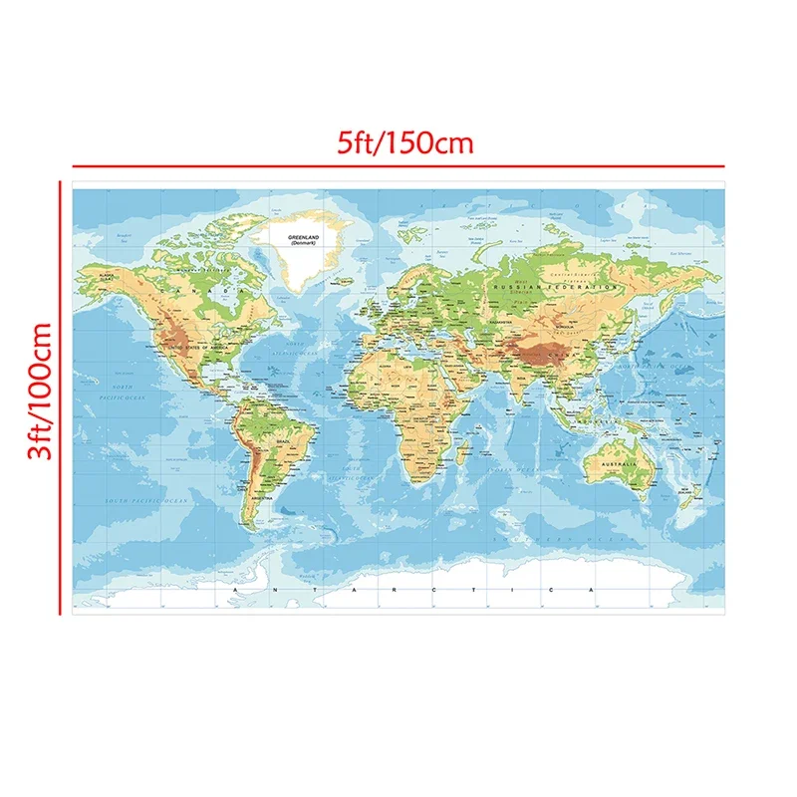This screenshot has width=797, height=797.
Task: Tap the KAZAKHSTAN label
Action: pyautogui.click(x=498, y=322)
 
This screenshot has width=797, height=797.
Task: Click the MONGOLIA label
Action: pyautogui.click(x=554, y=324)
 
